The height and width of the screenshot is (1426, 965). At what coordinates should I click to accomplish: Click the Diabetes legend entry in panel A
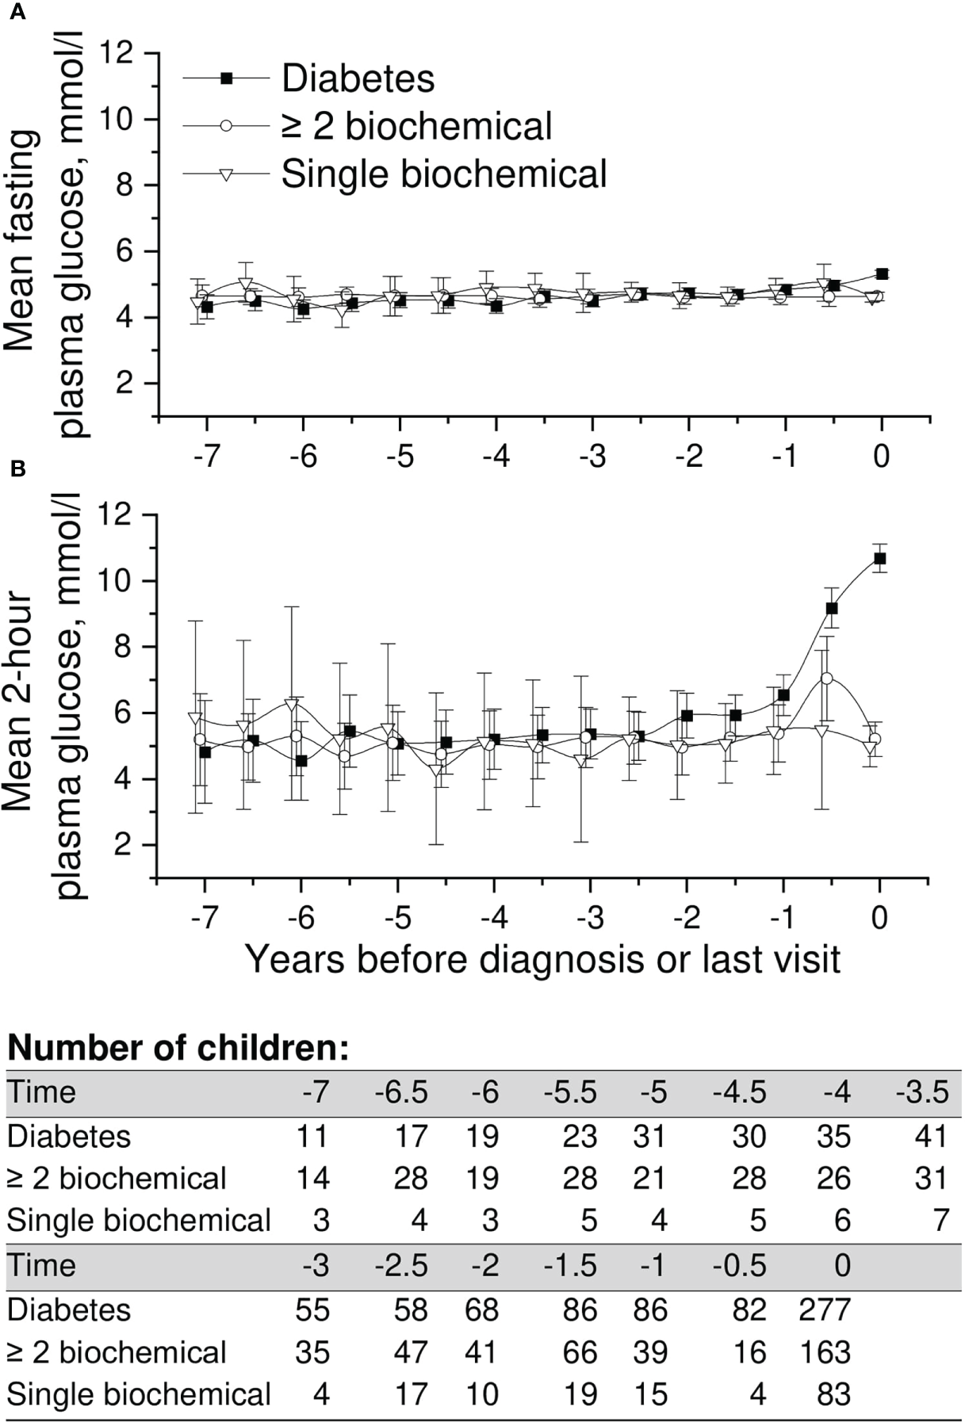[358, 78]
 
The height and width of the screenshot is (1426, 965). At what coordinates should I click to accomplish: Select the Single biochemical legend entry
[444, 174]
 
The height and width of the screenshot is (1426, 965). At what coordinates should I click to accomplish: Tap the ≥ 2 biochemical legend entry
[416, 127]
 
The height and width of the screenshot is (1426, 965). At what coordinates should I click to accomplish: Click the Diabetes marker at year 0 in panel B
[879, 559]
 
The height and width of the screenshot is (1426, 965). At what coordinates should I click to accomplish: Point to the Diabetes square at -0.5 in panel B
[832, 608]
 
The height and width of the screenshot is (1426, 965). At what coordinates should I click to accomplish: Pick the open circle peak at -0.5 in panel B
[827, 679]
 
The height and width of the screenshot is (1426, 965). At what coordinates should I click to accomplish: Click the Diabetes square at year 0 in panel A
[882, 274]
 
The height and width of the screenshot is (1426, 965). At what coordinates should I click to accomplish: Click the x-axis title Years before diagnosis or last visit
[542, 959]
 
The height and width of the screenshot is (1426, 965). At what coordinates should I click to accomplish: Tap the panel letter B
[17, 469]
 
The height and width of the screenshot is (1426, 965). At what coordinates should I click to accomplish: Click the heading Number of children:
[178, 1049]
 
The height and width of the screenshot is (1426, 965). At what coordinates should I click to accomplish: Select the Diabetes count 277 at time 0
[825, 1309]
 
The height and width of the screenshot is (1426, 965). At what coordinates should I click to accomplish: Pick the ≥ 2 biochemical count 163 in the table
[825, 1352]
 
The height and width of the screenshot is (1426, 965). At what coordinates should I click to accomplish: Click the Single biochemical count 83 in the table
[833, 1394]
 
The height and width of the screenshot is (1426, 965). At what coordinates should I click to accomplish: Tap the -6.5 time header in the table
[401, 1093]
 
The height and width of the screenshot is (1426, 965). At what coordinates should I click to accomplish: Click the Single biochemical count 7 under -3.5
[940, 1221]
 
